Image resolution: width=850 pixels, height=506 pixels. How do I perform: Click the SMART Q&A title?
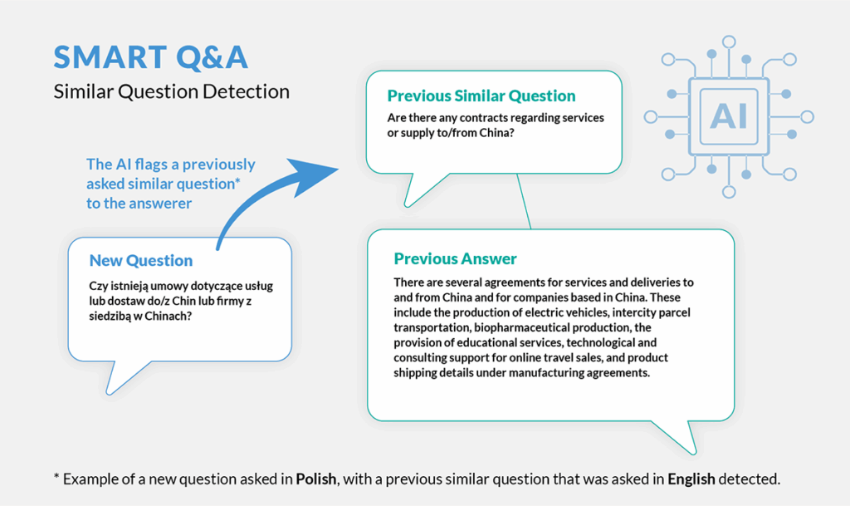[x=150, y=57]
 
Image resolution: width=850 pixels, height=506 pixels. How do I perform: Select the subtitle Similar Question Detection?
[x=172, y=91]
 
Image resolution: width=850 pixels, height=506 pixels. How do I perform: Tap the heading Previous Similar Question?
[x=481, y=96]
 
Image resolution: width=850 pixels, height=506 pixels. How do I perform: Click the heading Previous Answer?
[x=455, y=258]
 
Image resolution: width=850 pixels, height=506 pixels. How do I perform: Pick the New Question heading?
[x=141, y=260]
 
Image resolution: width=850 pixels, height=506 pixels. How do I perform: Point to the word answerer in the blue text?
[x=161, y=204]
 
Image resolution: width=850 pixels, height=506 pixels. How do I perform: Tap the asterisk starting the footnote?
[x=56, y=478]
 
